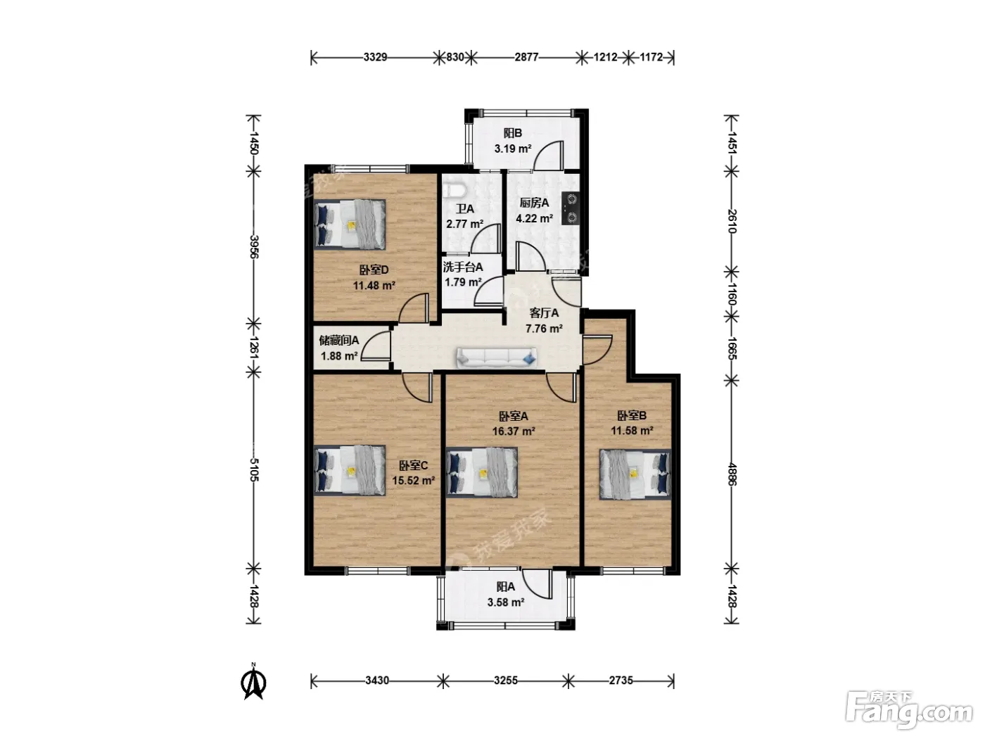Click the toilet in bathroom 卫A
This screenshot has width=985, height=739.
point(454,191)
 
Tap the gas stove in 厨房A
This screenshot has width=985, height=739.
point(571,208)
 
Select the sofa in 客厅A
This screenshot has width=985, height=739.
point(496,358)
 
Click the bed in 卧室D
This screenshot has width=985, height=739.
point(350,225)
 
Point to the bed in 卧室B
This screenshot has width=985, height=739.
point(635,474)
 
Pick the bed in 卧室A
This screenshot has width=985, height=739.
point(481,472)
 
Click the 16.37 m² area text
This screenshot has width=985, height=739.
point(514,431)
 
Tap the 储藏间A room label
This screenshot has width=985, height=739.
point(339,341)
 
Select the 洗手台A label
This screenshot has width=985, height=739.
point(463,267)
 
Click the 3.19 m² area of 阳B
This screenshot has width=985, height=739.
point(513,149)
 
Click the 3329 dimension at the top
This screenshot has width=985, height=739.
point(375,58)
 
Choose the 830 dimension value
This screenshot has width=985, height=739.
point(455,58)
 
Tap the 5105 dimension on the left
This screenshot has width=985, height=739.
point(254,469)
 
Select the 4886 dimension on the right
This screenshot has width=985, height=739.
point(732,474)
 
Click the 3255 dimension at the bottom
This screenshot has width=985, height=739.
point(506,681)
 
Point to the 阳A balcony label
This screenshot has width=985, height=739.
point(506,587)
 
